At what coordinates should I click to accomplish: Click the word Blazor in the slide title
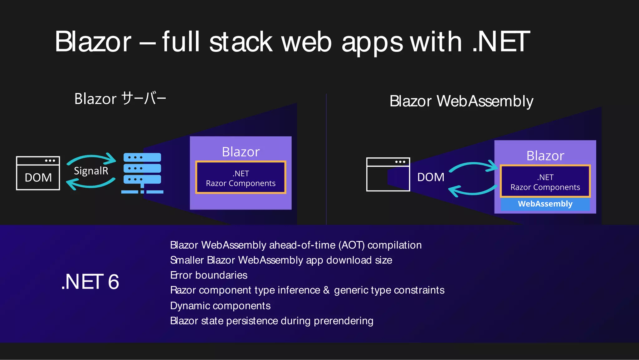coord(93,42)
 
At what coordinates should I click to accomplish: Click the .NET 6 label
coord(90,282)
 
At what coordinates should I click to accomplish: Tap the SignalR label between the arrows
coord(91,171)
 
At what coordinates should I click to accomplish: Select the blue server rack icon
coord(142,172)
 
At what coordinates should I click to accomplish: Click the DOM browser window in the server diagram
coord(38,173)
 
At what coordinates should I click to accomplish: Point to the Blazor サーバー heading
coord(120,99)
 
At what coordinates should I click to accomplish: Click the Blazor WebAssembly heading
coord(461,101)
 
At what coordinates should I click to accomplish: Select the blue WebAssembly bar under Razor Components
coord(545,204)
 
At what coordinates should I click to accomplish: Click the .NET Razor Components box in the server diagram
coord(241,178)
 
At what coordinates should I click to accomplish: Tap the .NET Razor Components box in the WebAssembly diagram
coord(545,182)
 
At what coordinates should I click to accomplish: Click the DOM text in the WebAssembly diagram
coord(431,177)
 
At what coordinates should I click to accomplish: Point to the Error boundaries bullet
coord(209,275)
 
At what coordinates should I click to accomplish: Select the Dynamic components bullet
coord(220,306)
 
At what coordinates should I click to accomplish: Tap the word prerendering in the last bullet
coord(343,321)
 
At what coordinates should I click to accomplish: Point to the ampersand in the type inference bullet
coord(326,290)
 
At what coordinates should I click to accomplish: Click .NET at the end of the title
coord(501,42)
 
